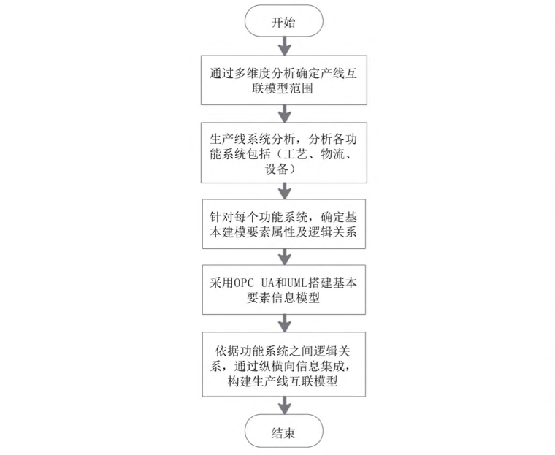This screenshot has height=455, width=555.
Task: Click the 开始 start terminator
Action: pos(284,20)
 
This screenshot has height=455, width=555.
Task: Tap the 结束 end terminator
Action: pos(284,431)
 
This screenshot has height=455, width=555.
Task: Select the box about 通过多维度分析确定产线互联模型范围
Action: pos(284,80)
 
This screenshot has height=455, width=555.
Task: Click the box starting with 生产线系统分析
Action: pos(284,153)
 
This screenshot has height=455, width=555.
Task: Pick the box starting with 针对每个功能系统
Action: pos(284,223)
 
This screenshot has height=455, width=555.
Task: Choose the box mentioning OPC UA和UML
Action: pos(284,289)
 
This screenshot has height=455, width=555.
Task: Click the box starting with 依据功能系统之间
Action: pos(284,364)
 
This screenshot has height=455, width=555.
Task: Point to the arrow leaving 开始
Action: pos(285,46)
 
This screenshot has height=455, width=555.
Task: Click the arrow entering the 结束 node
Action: pos(285,405)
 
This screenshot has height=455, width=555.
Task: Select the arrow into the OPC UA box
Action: pos(285,256)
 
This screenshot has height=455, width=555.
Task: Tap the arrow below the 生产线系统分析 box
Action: pos(285,191)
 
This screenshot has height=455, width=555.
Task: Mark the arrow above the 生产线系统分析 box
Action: pos(285,114)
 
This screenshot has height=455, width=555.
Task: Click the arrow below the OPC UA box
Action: pos(285,323)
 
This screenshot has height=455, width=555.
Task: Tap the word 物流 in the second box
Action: pos(332,153)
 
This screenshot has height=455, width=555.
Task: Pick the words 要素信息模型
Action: pos(283,298)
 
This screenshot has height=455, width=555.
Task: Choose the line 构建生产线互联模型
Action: pos(283,381)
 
